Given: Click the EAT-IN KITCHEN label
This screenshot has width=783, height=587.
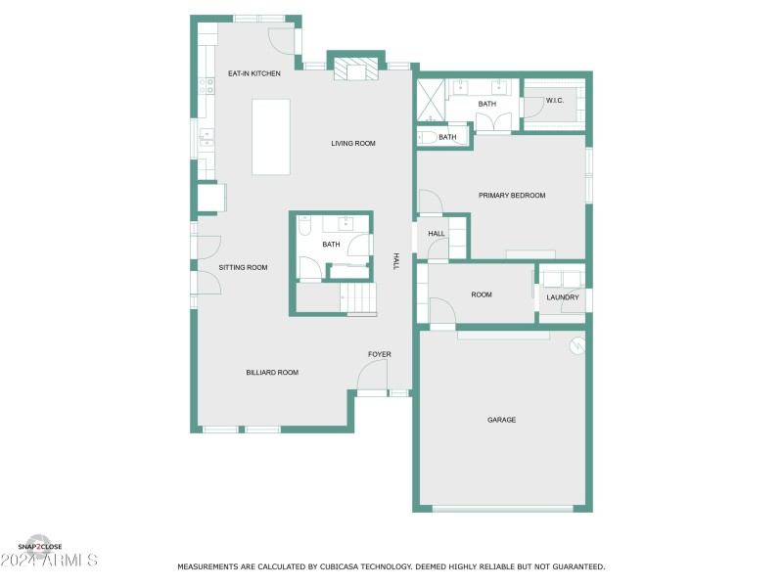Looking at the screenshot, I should (x=254, y=73).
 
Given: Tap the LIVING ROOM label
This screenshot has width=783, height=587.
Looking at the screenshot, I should (x=353, y=144).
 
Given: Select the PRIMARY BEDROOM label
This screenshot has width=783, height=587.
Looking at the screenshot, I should (x=512, y=196).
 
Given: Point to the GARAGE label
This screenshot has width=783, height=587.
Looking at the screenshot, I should (x=501, y=420).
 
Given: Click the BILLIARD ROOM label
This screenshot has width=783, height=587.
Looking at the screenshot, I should (x=272, y=373).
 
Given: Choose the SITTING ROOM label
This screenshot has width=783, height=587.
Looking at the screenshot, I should (x=243, y=267).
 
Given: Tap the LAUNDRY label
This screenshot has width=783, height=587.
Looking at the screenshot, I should (x=563, y=297).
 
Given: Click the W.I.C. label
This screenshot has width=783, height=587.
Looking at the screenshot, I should (x=555, y=101).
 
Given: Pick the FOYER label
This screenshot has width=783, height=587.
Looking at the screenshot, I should (x=380, y=353).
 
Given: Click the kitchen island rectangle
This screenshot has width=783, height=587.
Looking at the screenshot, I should (x=271, y=136).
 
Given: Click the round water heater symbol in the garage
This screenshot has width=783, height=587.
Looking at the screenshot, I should (x=577, y=345).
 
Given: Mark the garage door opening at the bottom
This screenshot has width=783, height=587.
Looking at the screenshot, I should (x=502, y=508).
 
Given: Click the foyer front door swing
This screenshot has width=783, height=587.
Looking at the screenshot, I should (x=372, y=377).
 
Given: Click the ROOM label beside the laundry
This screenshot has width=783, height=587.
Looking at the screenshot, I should (x=482, y=294).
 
